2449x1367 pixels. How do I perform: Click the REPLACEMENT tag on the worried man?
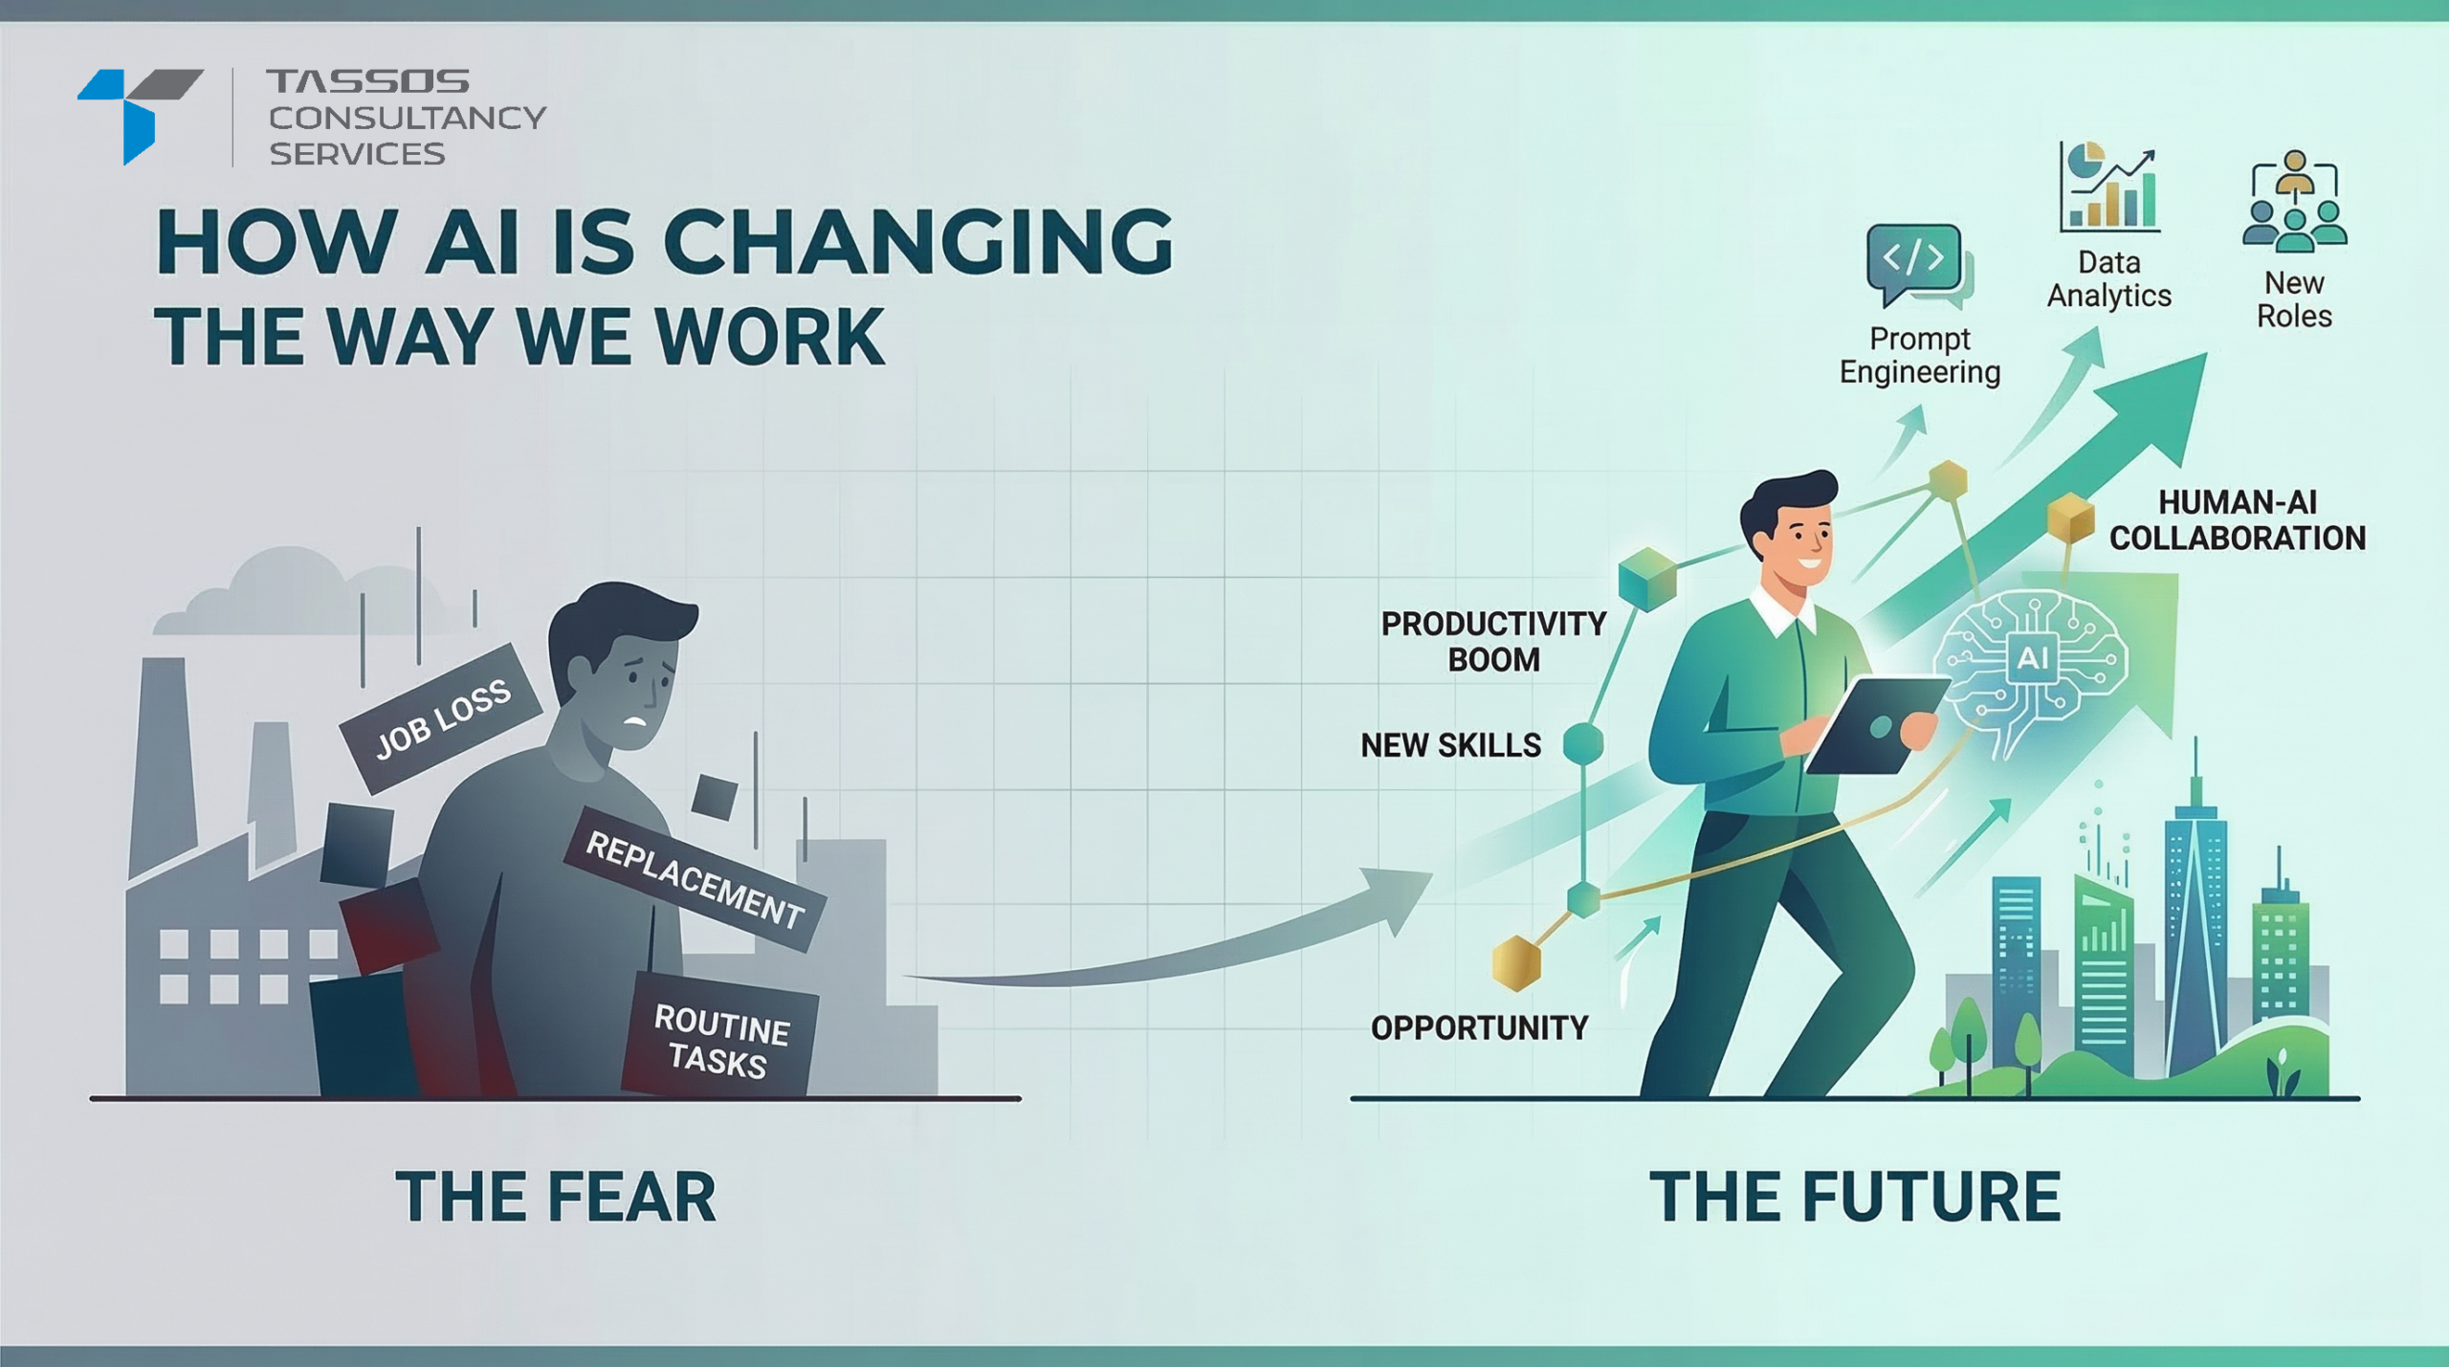pos(695,879)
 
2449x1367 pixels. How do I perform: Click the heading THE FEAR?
pos(556,1197)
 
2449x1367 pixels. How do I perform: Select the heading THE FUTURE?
pos(1855,1197)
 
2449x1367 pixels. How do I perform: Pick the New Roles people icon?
pos(2294,202)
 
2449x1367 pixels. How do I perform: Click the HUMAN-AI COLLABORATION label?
pos(2238,520)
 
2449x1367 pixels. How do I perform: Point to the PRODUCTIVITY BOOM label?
pos(1493,642)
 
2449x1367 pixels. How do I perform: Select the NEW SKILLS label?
pos(1451,745)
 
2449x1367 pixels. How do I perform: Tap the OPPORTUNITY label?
pos(1479,1028)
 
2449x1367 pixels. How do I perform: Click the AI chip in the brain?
pos(2032,658)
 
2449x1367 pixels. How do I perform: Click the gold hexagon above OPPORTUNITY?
pos(1517,962)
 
